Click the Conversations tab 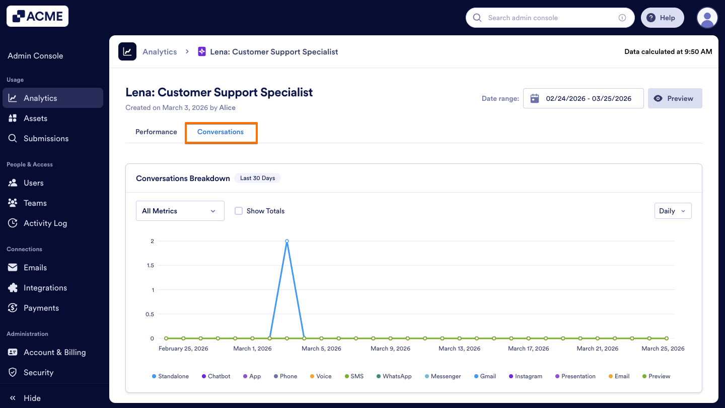pos(221,132)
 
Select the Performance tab pos(156,132)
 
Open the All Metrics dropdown pos(180,211)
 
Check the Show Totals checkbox pos(239,211)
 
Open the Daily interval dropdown pos(672,211)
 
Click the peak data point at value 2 pos(287,241)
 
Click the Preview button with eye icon pos(675,98)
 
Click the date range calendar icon pos(535,98)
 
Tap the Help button pos(662,18)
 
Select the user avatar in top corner pos(707,18)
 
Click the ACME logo pos(38,16)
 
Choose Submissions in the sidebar pos(46,138)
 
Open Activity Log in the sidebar pos(45,223)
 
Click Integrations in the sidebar pos(45,287)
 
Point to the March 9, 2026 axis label pos(390,348)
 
